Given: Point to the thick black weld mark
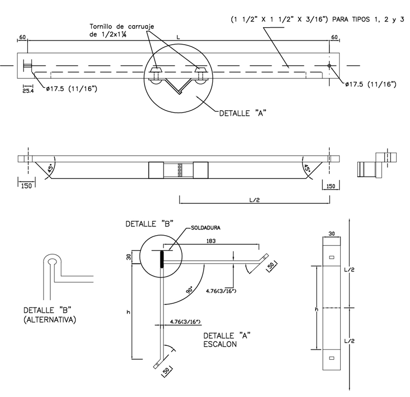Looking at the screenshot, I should pos(162,259).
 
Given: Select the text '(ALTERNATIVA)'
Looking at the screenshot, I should pos(50,320).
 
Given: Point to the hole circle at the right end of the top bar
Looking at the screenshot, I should pos(329,66).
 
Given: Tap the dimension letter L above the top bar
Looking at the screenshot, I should pos(177,37).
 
